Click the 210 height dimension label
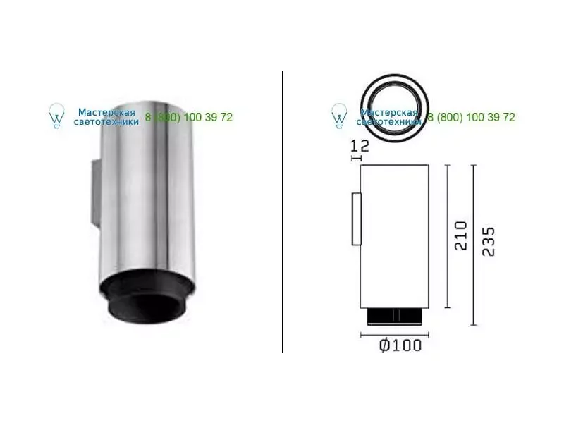click(461, 235)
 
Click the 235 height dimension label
click(489, 241)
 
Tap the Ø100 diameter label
click(400, 345)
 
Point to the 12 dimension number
click(360, 146)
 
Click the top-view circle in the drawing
click(395, 76)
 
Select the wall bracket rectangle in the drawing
click(357, 219)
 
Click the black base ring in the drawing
click(394, 317)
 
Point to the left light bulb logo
click(57, 116)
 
